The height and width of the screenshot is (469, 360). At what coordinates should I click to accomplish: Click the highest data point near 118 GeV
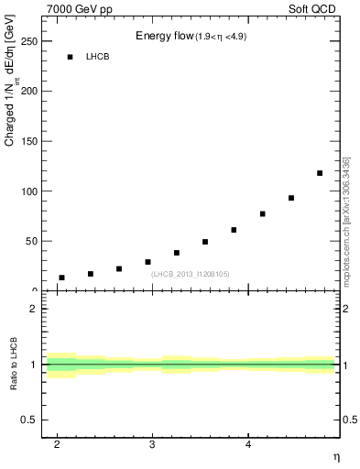coord(320,173)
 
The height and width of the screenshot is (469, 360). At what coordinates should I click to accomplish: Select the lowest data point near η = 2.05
coord(61,278)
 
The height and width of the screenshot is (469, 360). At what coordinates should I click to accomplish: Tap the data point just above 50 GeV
coord(205,242)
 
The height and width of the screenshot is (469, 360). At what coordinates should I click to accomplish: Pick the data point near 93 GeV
coord(291,198)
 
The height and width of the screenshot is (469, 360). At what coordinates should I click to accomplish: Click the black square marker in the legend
coord(70,57)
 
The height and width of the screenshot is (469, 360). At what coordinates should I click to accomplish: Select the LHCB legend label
coord(97,57)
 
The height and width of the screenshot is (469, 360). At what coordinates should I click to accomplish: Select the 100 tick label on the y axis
coord(27,191)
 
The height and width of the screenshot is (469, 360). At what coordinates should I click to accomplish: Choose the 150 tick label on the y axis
coord(27,142)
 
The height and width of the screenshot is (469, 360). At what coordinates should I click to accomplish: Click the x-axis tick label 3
coord(153,444)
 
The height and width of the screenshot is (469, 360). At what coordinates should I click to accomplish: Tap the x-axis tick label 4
coord(248,444)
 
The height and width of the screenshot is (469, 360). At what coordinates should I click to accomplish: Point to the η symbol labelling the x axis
coord(335,455)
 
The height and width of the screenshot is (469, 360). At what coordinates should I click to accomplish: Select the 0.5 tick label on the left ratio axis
coord(29,420)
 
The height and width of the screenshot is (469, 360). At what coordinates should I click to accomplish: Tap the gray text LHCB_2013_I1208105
coord(191,273)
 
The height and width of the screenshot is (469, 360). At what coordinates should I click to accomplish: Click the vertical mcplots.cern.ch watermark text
coord(346,221)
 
